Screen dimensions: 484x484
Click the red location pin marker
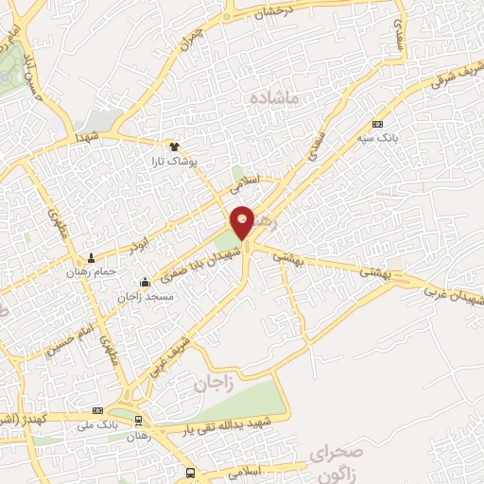point(242,221)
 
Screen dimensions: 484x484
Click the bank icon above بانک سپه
point(378,124)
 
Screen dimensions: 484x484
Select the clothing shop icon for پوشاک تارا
point(174,147)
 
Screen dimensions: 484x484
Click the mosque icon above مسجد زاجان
point(144,282)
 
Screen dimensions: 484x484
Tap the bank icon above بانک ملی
point(98,411)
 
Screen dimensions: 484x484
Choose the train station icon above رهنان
point(139,421)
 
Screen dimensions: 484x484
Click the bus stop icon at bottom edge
point(191,473)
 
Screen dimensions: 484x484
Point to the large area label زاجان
point(213,384)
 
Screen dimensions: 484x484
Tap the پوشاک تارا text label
point(173,162)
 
